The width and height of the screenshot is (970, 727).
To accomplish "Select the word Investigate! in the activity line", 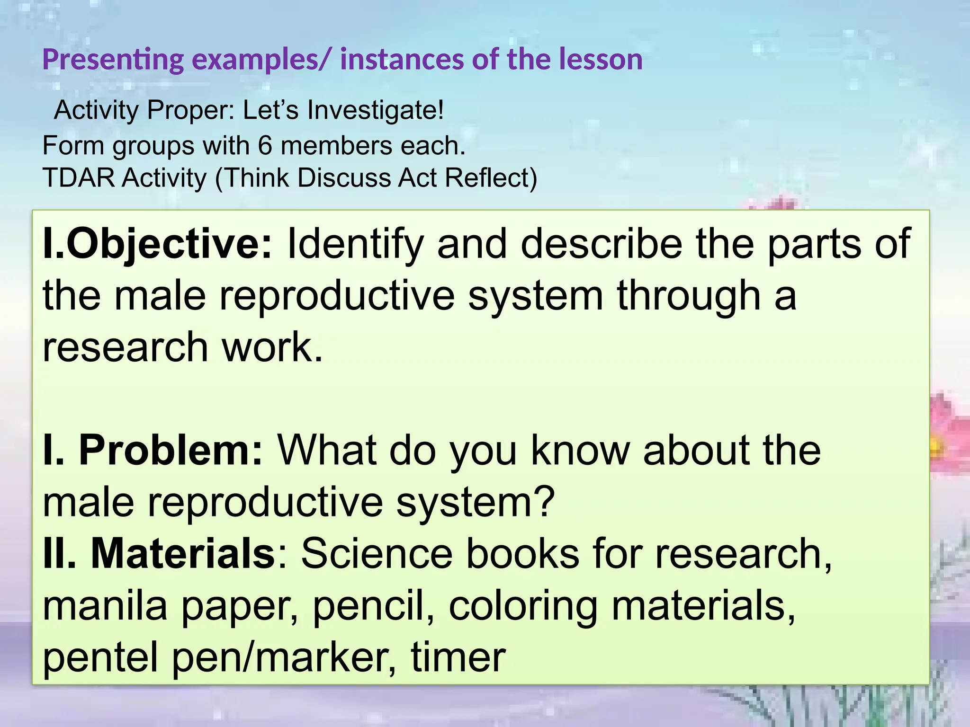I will [376, 111].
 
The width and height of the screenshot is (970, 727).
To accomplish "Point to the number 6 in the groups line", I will [265, 145].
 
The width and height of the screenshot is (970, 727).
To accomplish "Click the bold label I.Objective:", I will [158, 244].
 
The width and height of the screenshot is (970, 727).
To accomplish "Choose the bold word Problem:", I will [171, 450].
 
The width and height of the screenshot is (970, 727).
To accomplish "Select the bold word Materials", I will [183, 553].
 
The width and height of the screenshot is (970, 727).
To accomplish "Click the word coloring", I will [523, 607].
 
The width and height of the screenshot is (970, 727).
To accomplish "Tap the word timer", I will [458, 657].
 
